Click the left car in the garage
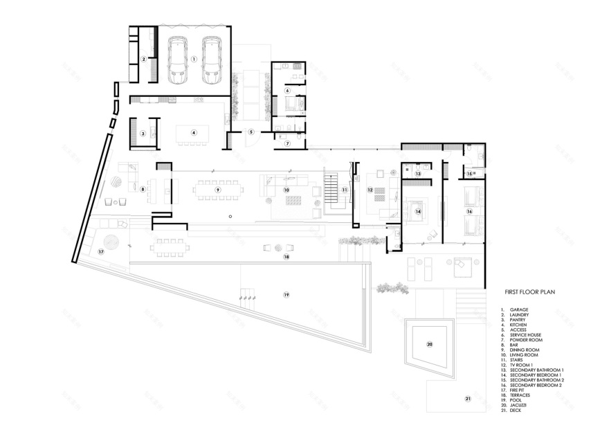(x=179, y=60)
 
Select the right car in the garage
(x=211, y=60)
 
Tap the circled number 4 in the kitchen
(x=194, y=133)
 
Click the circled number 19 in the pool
(x=286, y=295)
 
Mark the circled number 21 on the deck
(x=467, y=399)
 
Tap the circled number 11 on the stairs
(x=344, y=189)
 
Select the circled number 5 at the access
(x=252, y=132)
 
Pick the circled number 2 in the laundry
(x=143, y=60)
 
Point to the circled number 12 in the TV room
(x=370, y=190)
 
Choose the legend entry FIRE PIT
(x=520, y=390)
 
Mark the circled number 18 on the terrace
(x=286, y=257)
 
